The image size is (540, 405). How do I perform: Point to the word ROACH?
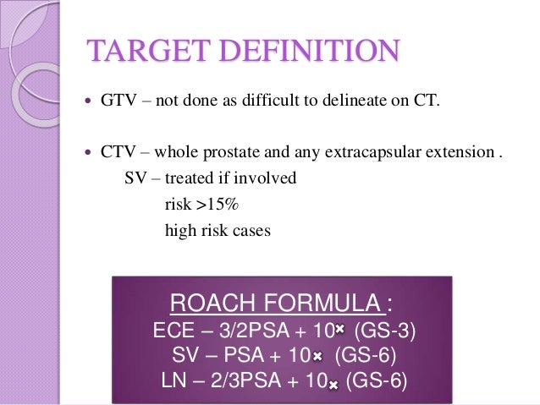212,303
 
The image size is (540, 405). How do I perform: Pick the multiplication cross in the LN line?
333,385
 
